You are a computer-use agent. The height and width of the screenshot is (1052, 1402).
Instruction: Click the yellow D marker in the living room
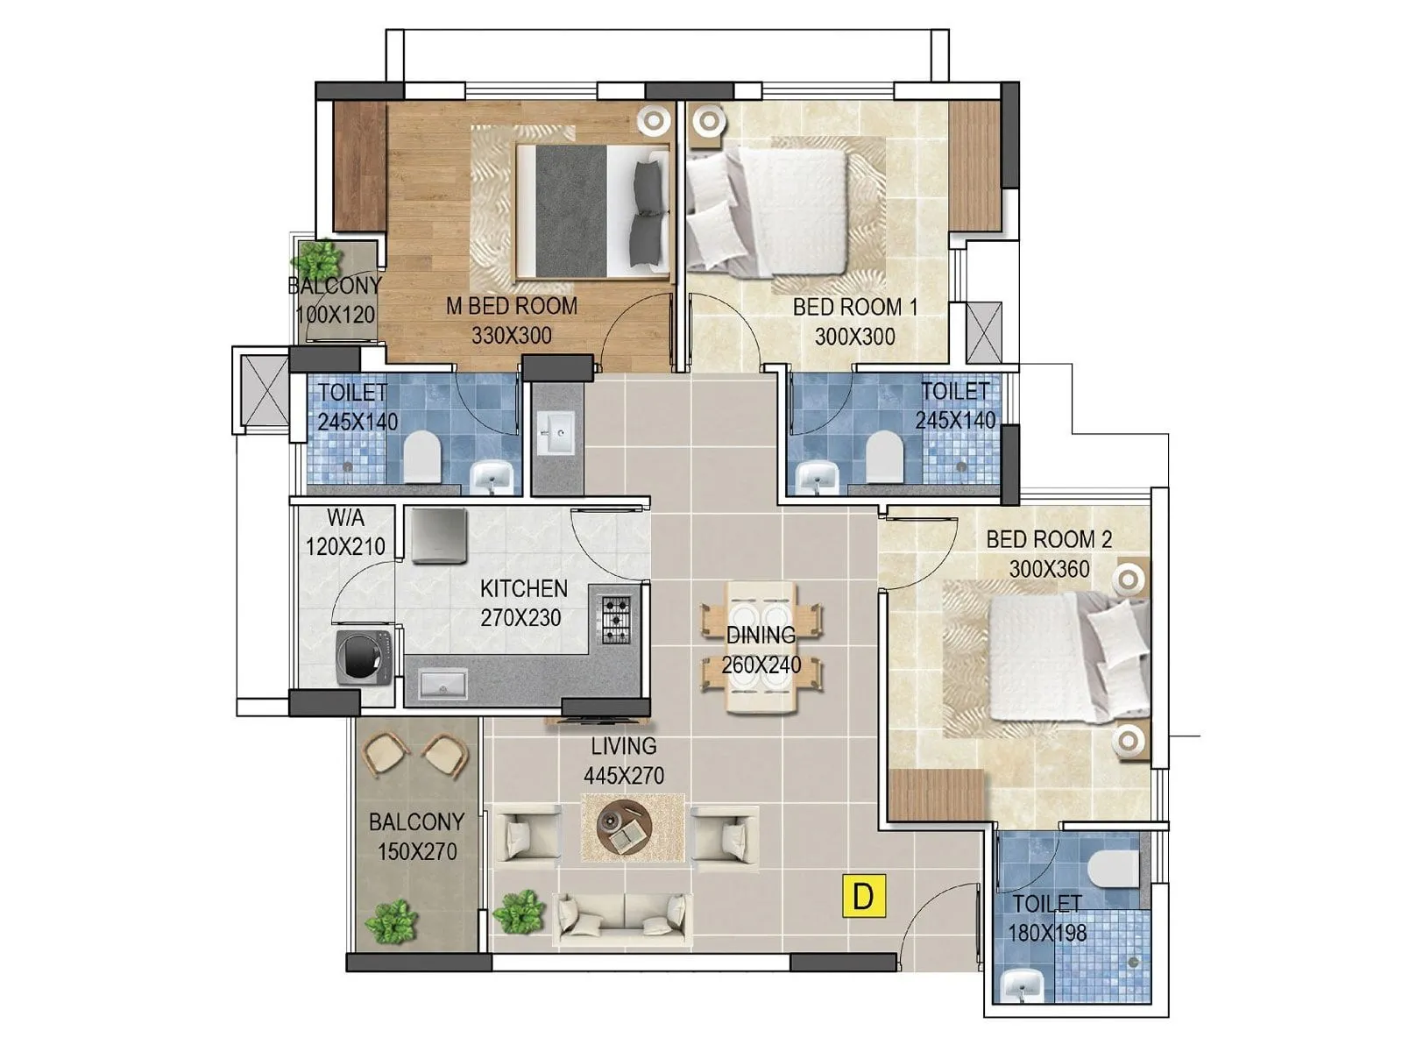[x=863, y=896]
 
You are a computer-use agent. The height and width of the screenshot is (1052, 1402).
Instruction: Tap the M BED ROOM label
[x=512, y=306]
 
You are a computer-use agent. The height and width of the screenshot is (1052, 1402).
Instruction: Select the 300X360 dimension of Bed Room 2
[x=1049, y=569]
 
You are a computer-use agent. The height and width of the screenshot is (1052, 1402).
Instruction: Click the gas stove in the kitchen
[x=615, y=620]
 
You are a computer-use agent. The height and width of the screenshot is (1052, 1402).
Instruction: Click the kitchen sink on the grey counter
[x=443, y=683]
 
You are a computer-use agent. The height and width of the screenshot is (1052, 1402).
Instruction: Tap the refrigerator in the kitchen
[x=438, y=535]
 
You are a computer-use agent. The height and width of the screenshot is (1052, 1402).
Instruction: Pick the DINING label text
[x=761, y=635]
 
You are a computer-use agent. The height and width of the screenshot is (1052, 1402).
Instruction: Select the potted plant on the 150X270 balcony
[x=391, y=921]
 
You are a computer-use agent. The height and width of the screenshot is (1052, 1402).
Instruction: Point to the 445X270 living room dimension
[x=623, y=775]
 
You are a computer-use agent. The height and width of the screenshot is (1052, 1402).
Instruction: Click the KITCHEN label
[x=523, y=588]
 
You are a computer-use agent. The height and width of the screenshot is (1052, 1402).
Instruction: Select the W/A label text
[x=345, y=517]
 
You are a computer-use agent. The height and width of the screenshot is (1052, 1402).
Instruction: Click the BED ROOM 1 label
[x=854, y=307]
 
